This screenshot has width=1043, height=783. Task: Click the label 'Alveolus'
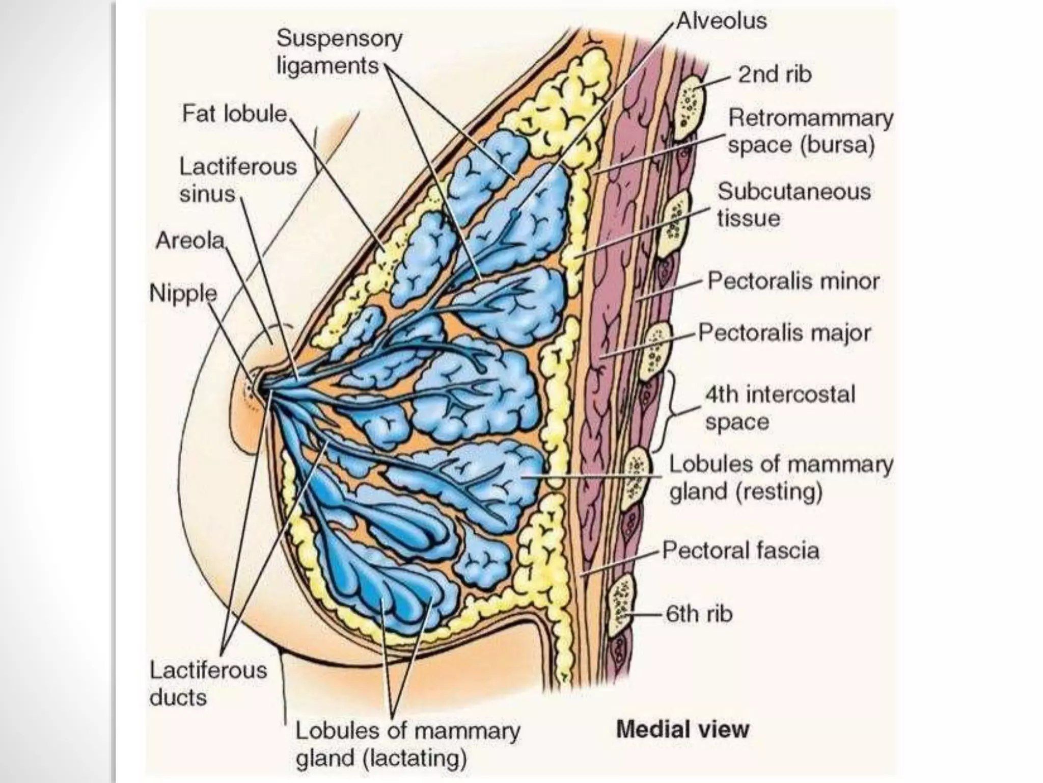pyautogui.click(x=722, y=21)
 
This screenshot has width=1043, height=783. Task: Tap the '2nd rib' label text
pyautogui.click(x=775, y=74)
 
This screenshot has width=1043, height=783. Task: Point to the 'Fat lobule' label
pyautogui.click(x=235, y=114)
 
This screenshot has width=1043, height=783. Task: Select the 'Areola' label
pyautogui.click(x=190, y=240)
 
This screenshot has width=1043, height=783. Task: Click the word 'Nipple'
pyautogui.click(x=183, y=293)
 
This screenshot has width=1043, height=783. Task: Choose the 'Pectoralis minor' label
pyautogui.click(x=793, y=281)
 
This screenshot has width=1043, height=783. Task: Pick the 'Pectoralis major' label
pyautogui.click(x=784, y=333)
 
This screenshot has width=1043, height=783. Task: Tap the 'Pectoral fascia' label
pyautogui.click(x=740, y=551)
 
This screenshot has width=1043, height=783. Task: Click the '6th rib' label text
pyautogui.click(x=699, y=614)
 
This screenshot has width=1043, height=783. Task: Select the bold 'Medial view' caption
pyautogui.click(x=682, y=729)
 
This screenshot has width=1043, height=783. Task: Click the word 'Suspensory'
pyautogui.click(x=339, y=39)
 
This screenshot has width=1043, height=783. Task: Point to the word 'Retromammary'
pyautogui.click(x=811, y=118)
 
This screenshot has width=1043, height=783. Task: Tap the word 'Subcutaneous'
pyautogui.click(x=794, y=192)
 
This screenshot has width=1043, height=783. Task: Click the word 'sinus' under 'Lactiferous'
pyautogui.click(x=207, y=194)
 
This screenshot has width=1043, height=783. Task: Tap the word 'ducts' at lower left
pyautogui.click(x=178, y=697)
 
